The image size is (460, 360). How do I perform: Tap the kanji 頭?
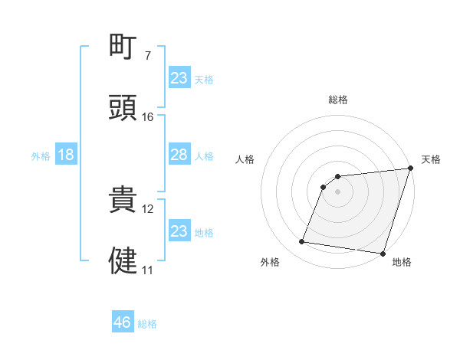click(123, 107)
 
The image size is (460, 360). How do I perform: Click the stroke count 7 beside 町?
click(148, 56)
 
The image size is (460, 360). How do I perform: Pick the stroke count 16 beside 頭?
click(148, 117)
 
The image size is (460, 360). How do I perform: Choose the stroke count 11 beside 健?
click(148, 270)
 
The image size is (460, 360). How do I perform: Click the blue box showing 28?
click(179, 155)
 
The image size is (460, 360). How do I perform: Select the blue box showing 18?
click(66, 155)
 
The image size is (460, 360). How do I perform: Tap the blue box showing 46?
click(122, 322)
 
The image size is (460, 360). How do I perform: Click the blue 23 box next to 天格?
click(179, 78)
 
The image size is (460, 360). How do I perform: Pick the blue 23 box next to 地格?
click(179, 231)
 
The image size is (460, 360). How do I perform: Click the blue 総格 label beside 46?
click(147, 324)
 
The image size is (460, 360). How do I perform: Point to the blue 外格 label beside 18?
click(41, 156)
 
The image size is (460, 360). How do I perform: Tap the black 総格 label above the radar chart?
click(338, 100)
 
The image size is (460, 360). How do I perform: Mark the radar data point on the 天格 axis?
click(410, 169)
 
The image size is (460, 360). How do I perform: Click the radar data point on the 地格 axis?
click(383, 253)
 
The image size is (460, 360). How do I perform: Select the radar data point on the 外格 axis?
click(302, 242)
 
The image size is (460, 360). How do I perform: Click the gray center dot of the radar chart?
click(337, 191)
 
